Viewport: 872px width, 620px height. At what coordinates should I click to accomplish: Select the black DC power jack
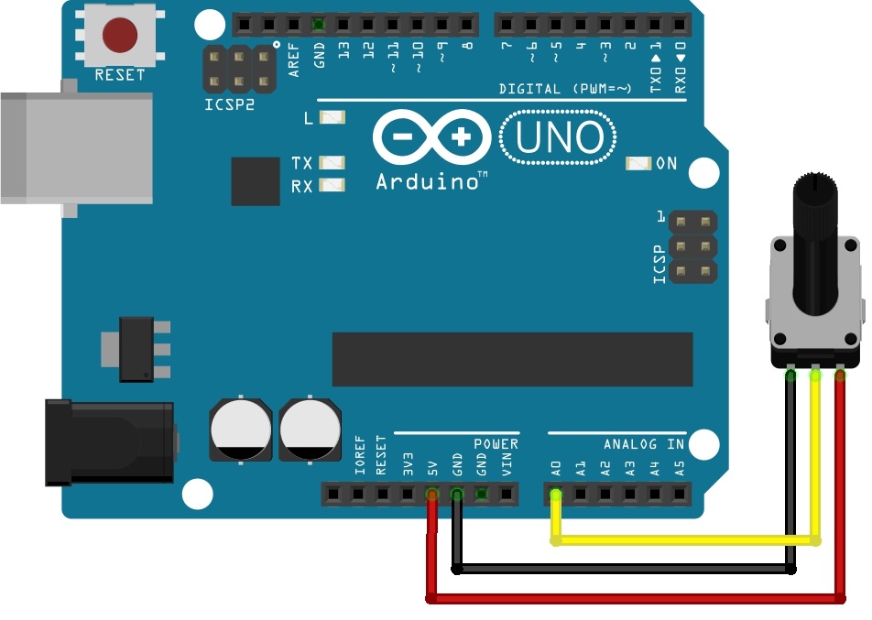pyautogui.click(x=110, y=442)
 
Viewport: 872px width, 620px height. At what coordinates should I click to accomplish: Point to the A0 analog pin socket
pyautogui.click(x=555, y=495)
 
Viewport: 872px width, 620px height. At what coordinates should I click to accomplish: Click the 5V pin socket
pyautogui.click(x=432, y=495)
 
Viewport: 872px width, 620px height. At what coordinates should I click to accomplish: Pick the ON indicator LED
pyautogui.click(x=638, y=164)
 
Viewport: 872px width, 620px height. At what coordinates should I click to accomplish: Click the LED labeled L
pyautogui.click(x=332, y=118)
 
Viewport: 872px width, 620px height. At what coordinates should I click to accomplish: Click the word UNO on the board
pyautogui.click(x=559, y=138)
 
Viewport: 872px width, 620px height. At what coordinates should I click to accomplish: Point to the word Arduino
pyautogui.click(x=427, y=181)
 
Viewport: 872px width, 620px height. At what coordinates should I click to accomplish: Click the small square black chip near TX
pyautogui.click(x=256, y=181)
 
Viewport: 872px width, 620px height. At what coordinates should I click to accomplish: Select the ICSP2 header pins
pyautogui.click(x=238, y=70)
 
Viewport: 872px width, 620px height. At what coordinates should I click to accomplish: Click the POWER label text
pyautogui.click(x=496, y=444)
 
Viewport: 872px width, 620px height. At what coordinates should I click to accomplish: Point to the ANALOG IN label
pyautogui.click(x=644, y=444)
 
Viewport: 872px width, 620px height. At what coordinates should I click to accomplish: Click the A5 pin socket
pyautogui.click(x=679, y=495)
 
